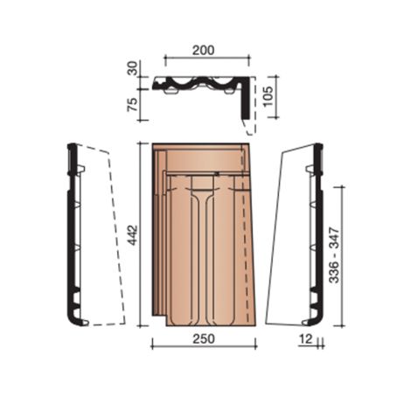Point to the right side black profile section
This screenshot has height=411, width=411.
click(318, 236)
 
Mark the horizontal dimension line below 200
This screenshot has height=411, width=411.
click(207, 60)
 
